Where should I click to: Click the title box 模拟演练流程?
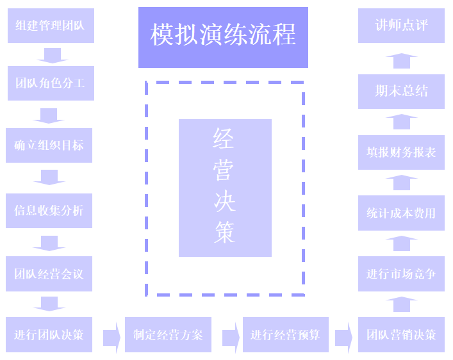pos(223,37)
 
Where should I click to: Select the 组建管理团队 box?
pos(51,26)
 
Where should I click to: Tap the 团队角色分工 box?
pos(51,83)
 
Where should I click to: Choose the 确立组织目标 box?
pos(49,145)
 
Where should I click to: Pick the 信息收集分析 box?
pos(49,211)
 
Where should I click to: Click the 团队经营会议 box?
pos(49,274)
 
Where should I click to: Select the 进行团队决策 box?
pos(49,334)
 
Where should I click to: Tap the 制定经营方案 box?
pos(168,334)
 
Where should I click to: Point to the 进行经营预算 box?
pos(285,334)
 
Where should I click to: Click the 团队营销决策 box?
pos(401,334)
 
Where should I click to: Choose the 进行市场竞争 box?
pos(401,274)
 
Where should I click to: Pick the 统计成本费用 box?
pos(401,213)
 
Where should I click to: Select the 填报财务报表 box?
pos(401,152)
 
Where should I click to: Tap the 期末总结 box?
pos(401,91)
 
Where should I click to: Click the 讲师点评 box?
pos(401,26)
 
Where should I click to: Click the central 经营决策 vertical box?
pos(225,188)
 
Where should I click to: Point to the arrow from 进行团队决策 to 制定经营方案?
pos(111,335)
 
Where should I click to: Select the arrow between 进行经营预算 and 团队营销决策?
pos(343,335)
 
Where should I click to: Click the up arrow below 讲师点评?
pos(401,60)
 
